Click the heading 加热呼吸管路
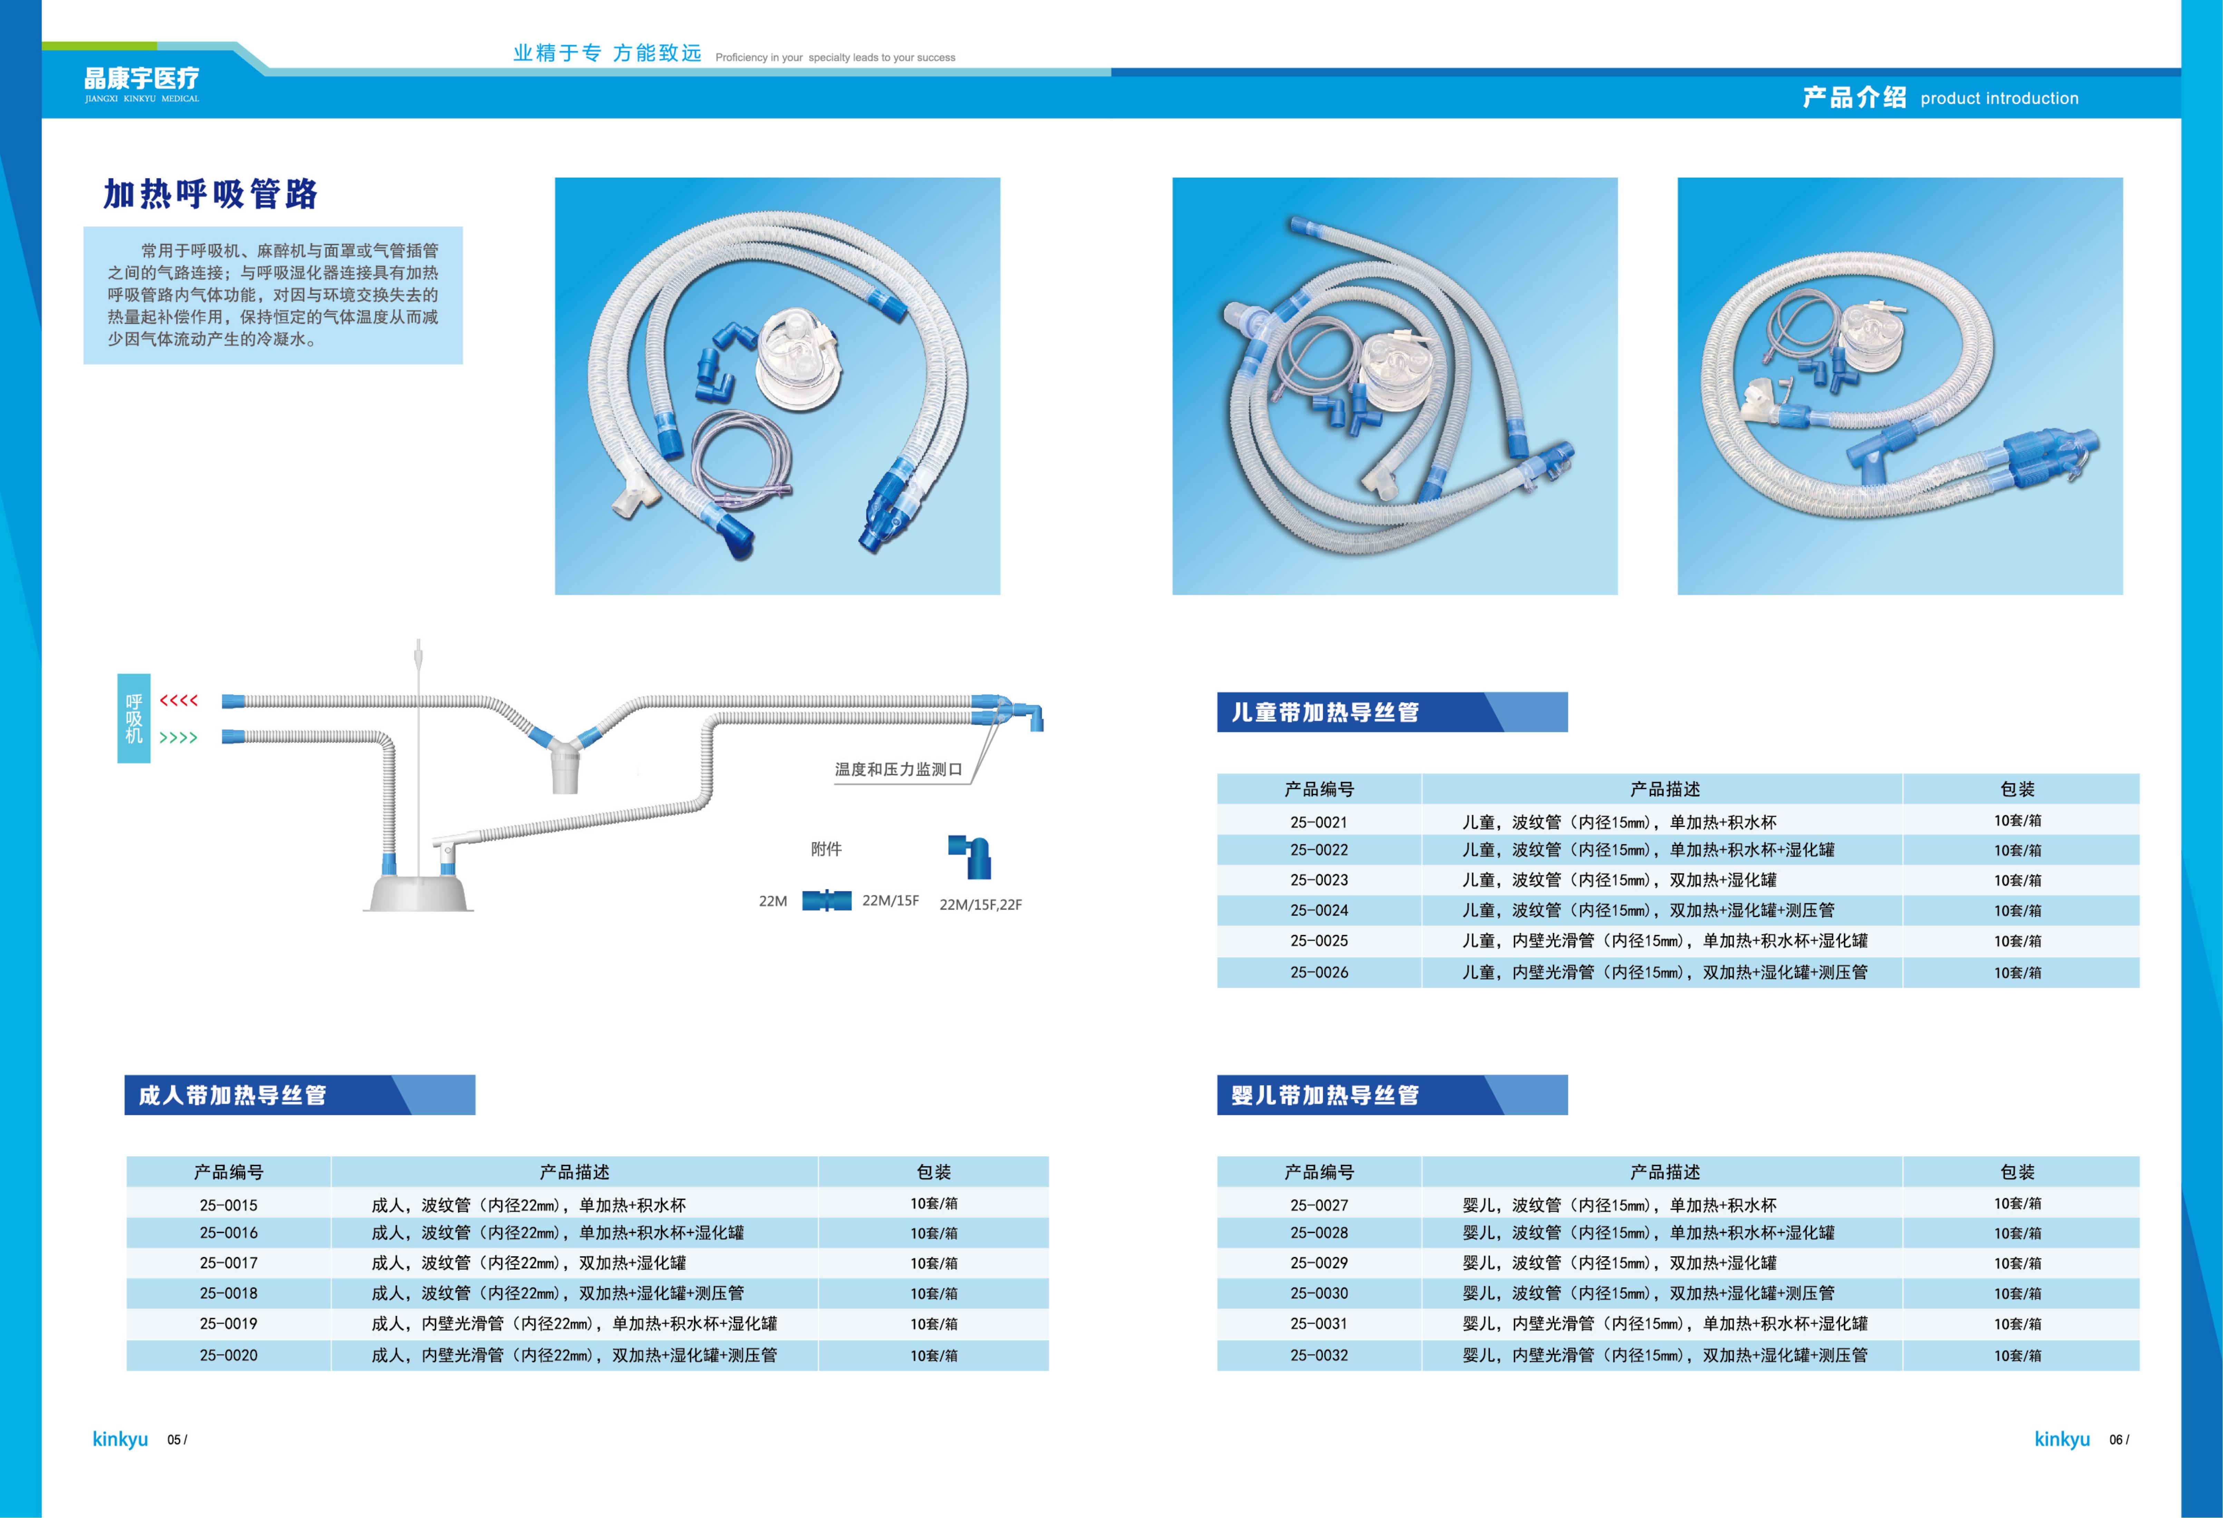click(211, 194)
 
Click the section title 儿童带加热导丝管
click(1325, 713)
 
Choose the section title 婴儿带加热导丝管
click(1325, 1095)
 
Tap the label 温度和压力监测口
click(898, 769)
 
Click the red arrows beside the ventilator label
click(179, 701)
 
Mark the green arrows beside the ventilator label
click(179, 737)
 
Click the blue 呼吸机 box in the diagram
click(134, 718)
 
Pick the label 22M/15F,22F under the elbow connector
click(980, 905)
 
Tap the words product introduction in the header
click(1999, 99)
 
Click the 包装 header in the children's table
click(2017, 789)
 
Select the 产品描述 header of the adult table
click(574, 1172)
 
